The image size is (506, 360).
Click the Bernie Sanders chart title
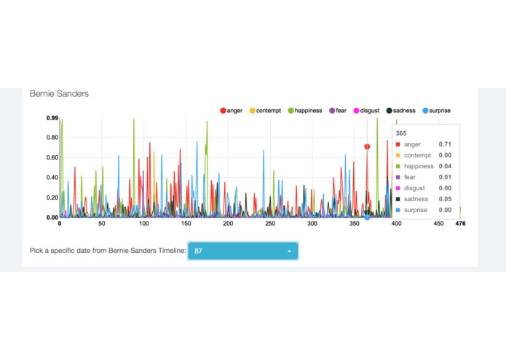point(59,94)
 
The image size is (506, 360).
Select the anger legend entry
point(231,111)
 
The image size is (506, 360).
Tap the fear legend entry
point(338,111)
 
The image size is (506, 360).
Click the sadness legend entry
point(400,111)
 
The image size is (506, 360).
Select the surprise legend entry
point(436,111)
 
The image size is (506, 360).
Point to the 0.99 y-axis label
point(52,117)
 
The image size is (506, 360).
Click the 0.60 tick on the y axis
point(52,157)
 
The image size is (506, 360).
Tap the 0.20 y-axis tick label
point(52,197)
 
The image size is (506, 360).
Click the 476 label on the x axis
point(460,224)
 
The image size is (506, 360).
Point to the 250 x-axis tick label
point(271,224)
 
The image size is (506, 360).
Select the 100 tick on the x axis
point(144,224)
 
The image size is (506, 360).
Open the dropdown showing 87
point(242,251)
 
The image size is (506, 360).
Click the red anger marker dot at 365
point(367,146)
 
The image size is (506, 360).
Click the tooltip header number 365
point(401,134)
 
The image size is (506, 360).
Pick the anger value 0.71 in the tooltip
point(444,144)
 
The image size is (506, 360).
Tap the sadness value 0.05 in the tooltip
point(444,199)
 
